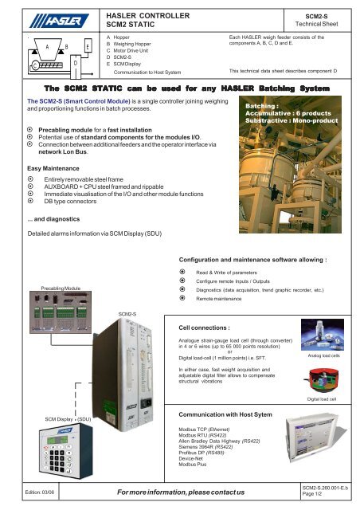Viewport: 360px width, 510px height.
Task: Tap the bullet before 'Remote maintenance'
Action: [x=184, y=307]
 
